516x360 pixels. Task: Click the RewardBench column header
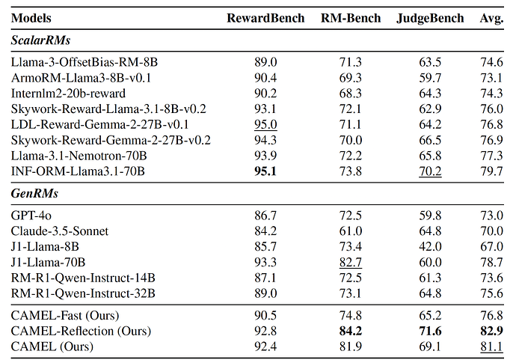(265, 18)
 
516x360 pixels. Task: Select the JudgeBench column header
(430, 18)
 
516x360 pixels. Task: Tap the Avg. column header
(491, 18)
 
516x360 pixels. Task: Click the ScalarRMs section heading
(41, 40)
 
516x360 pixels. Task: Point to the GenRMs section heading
(34, 193)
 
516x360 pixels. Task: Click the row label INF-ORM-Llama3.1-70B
(78, 171)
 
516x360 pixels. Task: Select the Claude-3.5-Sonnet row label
(60, 231)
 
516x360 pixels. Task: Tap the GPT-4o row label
(31, 216)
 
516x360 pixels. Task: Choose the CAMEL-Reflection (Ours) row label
(81, 331)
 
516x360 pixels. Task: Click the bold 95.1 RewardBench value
(265, 171)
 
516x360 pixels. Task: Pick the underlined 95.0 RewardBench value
(265, 124)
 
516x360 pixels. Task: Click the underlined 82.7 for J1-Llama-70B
(351, 263)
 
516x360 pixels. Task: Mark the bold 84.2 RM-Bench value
(351, 331)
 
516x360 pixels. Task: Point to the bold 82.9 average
(491, 331)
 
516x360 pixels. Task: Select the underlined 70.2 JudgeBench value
(430, 171)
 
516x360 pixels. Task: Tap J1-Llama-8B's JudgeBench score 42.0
(430, 247)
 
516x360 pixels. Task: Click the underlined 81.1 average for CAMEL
(491, 347)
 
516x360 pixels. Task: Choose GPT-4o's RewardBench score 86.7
(265, 216)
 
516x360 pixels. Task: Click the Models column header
(31, 18)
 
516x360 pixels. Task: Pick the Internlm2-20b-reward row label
(68, 94)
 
